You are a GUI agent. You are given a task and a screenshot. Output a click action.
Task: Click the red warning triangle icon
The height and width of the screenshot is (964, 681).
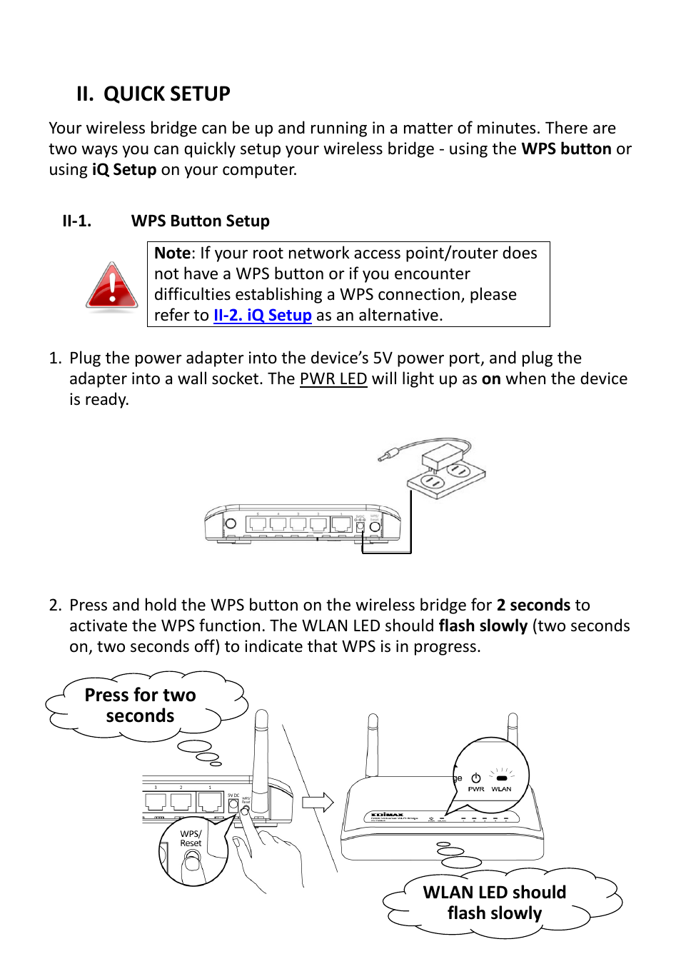click(112, 286)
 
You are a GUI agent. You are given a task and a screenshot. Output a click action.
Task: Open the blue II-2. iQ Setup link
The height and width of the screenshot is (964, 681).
click(262, 316)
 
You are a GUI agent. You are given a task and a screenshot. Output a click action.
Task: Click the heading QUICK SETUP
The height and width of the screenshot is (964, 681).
click(166, 94)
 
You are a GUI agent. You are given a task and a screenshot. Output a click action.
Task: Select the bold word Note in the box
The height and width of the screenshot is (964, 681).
click(172, 253)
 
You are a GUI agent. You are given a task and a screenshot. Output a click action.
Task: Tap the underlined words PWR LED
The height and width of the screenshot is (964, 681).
click(333, 379)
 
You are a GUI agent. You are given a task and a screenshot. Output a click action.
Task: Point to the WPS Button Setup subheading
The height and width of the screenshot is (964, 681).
click(200, 221)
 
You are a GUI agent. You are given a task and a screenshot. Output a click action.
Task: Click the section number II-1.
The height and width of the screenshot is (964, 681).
click(76, 221)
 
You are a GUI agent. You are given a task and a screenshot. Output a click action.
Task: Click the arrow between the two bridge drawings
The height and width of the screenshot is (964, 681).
click(318, 802)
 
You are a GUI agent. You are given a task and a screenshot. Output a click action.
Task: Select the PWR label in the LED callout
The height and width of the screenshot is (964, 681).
click(476, 789)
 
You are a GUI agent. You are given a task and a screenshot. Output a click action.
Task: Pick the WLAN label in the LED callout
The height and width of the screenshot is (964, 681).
click(501, 789)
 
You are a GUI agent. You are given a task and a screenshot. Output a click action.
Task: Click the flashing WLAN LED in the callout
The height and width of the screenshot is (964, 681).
click(502, 778)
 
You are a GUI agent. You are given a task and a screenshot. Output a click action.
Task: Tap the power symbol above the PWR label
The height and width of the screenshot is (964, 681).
click(476, 778)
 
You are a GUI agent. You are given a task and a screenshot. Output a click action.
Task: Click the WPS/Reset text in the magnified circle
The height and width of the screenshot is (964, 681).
click(191, 838)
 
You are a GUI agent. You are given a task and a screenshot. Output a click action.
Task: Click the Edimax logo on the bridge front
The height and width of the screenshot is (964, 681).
click(388, 814)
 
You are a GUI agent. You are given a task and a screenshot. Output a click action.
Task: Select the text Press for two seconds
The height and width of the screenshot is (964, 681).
click(140, 706)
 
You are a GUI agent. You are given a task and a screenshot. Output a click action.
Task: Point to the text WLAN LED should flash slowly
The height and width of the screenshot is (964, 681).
click(494, 903)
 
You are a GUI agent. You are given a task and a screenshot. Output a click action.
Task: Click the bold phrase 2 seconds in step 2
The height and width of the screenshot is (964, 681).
click(533, 606)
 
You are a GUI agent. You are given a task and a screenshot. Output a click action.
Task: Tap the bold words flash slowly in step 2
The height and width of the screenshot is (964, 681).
click(483, 626)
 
